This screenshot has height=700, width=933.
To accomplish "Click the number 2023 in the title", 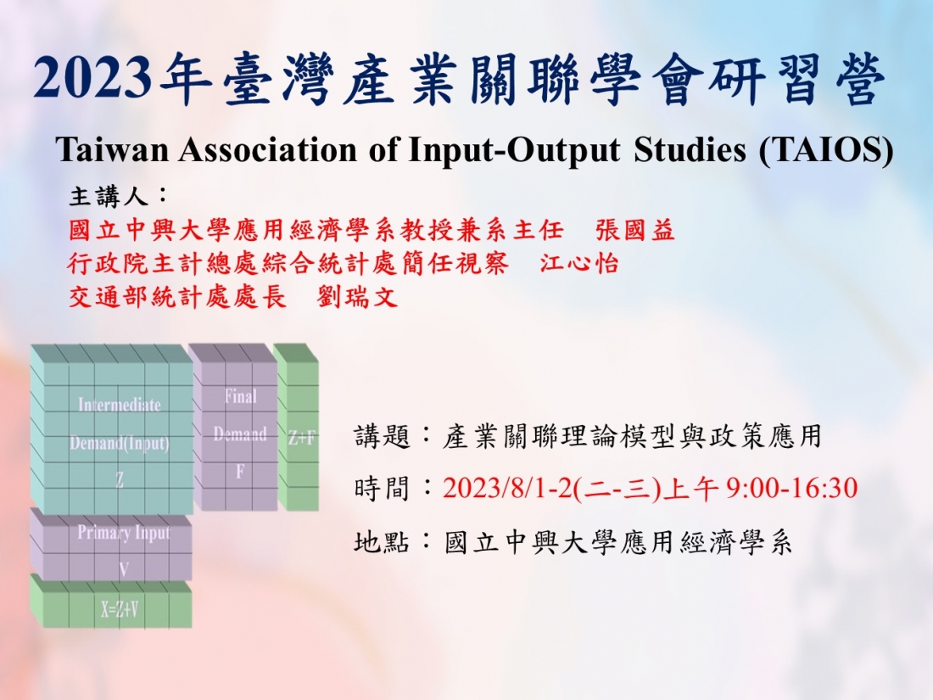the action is click(92, 78).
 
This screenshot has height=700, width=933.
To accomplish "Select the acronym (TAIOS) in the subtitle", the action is click(826, 150).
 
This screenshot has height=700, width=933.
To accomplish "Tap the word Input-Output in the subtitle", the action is click(514, 151).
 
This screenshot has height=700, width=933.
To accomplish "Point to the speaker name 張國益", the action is click(635, 230).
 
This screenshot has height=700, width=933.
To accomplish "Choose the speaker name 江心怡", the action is click(579, 263).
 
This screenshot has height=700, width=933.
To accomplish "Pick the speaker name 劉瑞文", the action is click(357, 296).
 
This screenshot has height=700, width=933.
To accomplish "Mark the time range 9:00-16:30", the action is click(792, 488).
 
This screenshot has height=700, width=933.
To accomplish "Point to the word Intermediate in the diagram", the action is click(120, 405).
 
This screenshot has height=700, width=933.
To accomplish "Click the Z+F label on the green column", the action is click(302, 438).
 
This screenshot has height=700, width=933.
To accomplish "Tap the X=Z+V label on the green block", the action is click(120, 609).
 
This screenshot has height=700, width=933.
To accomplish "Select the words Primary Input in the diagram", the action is click(124, 534).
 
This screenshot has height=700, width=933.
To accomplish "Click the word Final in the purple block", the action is click(240, 396).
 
